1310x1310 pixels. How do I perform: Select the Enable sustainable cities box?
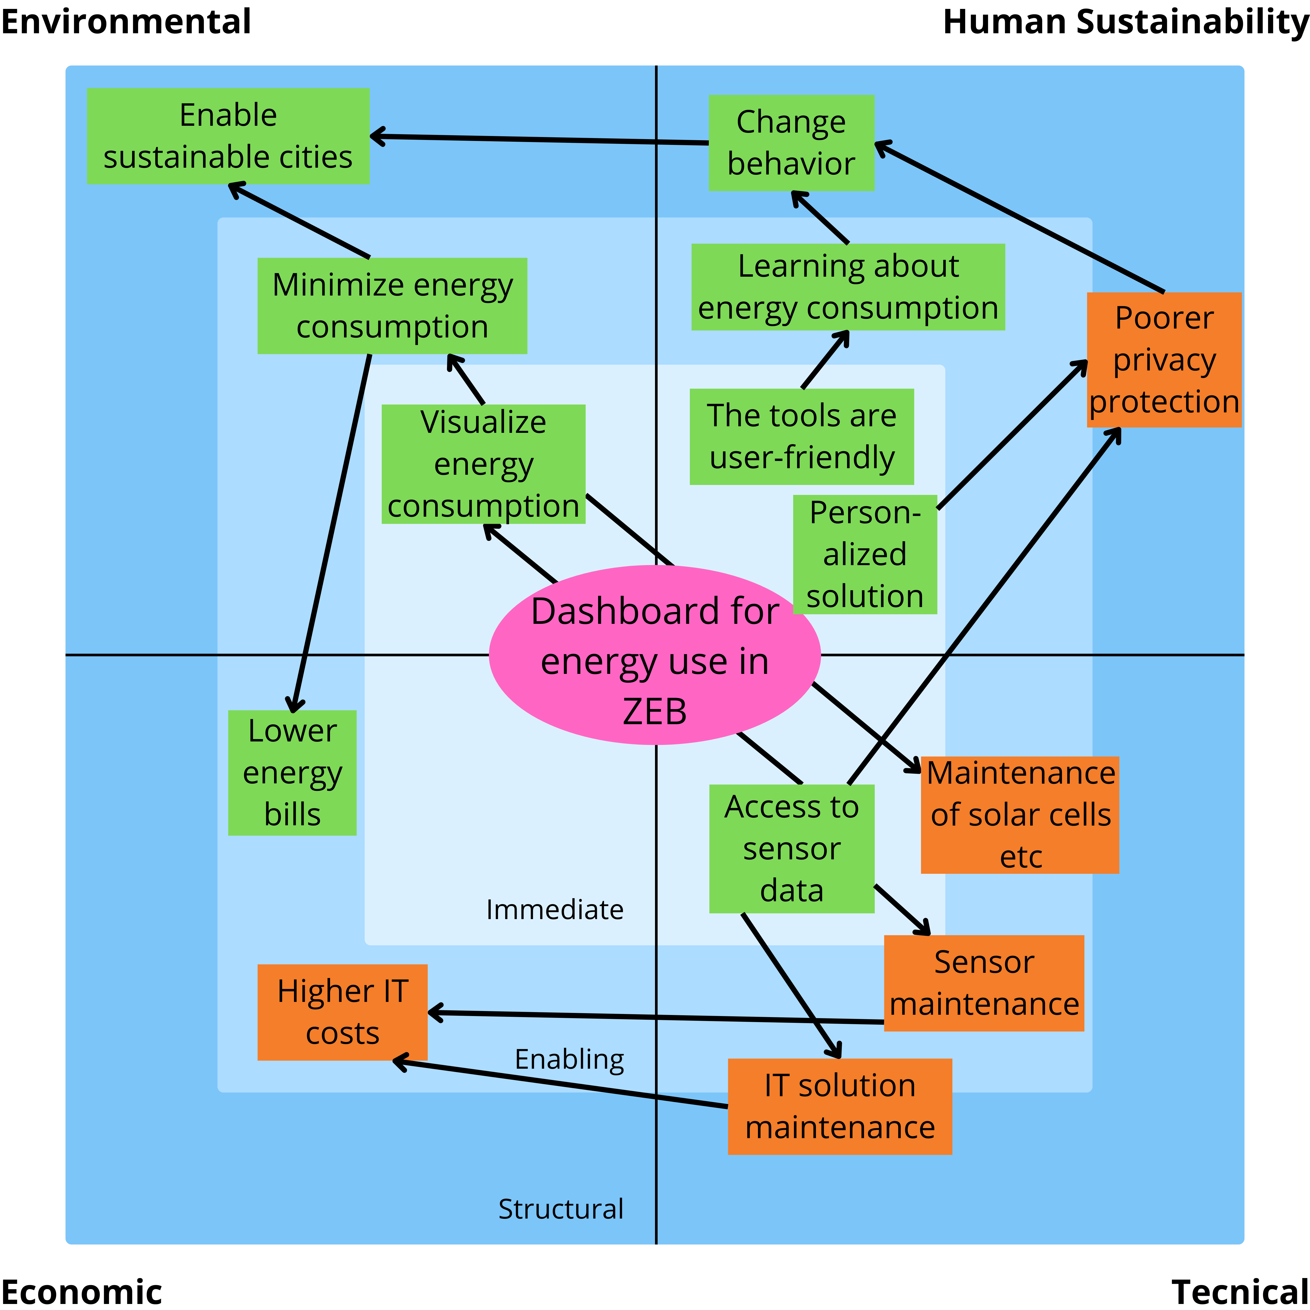(228, 136)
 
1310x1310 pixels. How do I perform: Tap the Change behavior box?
(791, 142)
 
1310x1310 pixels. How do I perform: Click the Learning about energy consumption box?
(848, 287)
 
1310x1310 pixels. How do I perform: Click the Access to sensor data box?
(791, 848)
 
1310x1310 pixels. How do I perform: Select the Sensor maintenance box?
(984, 983)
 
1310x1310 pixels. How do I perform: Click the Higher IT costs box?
(342, 1012)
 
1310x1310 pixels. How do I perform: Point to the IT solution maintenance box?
(839, 1106)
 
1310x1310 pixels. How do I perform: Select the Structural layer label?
(561, 1209)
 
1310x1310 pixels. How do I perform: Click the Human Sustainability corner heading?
(1126, 22)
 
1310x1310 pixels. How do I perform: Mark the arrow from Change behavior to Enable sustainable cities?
(542, 140)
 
